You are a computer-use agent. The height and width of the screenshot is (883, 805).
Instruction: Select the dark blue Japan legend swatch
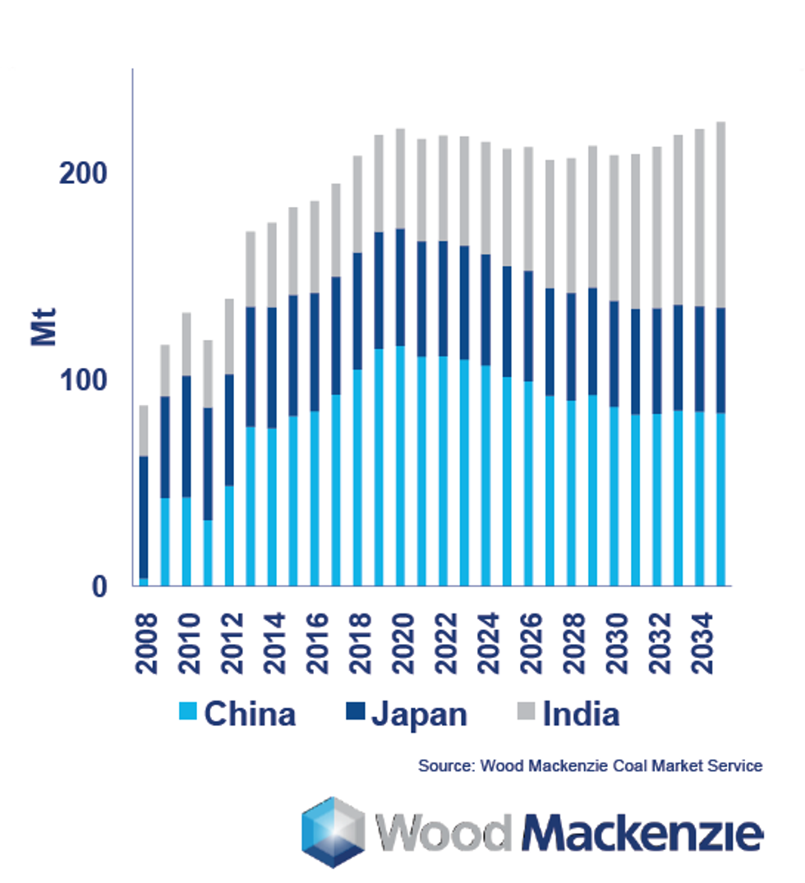pos(354,713)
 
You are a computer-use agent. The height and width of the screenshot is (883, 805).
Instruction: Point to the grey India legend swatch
pos(526,713)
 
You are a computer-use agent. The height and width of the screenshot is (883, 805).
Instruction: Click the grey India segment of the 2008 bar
pos(144,430)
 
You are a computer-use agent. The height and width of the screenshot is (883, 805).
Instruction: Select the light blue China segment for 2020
pos(400,465)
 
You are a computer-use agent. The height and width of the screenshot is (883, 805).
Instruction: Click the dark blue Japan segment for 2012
pos(229,430)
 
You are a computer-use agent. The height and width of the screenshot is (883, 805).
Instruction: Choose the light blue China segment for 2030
pos(614,496)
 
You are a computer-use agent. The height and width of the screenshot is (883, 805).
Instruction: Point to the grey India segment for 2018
pos(357,204)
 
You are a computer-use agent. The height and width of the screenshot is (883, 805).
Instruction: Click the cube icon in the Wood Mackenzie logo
pos(333,831)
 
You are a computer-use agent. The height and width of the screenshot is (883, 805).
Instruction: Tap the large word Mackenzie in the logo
pos(642,833)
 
